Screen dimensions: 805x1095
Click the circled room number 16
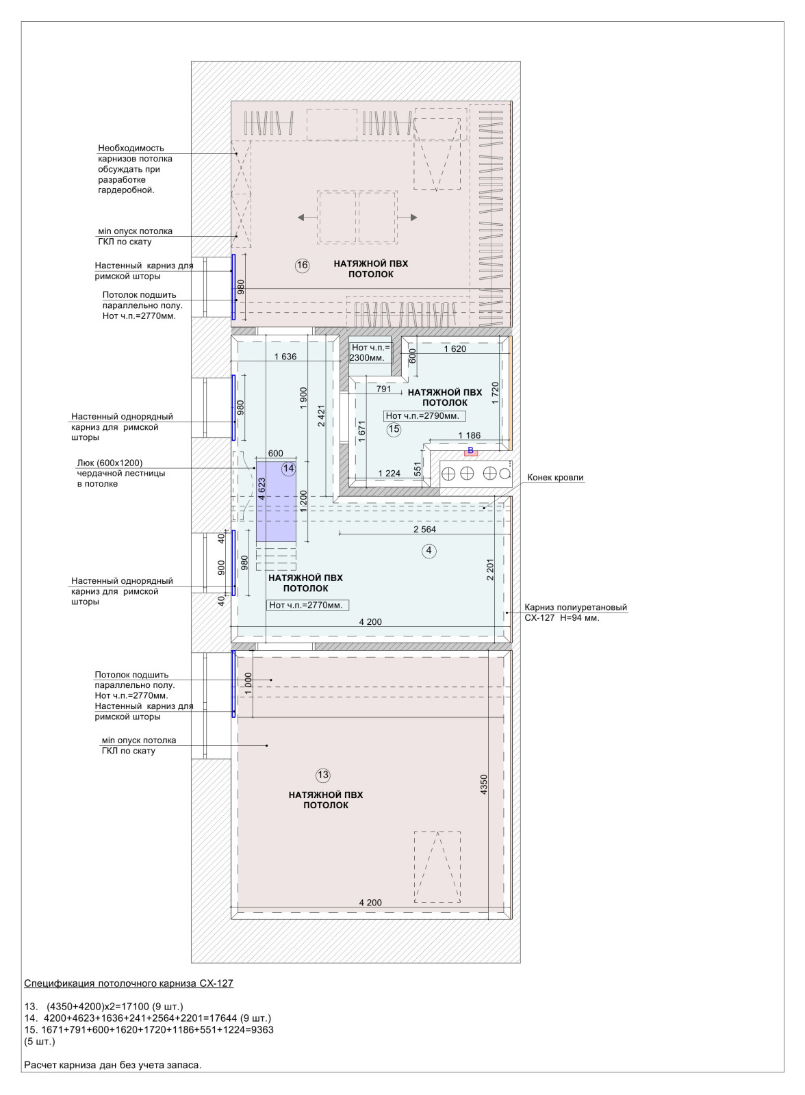click(x=303, y=266)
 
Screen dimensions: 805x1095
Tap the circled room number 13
click(x=323, y=775)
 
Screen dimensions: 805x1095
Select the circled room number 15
click(x=394, y=429)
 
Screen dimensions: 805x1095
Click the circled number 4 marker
click(x=429, y=551)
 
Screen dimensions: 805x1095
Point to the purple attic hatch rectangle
click(x=277, y=502)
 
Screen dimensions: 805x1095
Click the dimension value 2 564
click(x=424, y=529)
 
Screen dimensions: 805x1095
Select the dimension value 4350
click(x=484, y=784)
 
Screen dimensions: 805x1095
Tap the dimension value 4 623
click(x=261, y=489)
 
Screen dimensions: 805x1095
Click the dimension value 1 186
click(x=469, y=435)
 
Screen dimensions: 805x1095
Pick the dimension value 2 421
click(x=321, y=415)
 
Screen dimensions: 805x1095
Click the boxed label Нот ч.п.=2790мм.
click(x=424, y=416)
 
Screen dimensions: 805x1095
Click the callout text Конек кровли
click(x=556, y=478)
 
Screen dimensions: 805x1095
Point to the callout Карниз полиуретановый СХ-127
click(x=576, y=613)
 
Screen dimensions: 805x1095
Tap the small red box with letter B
click(x=470, y=451)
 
